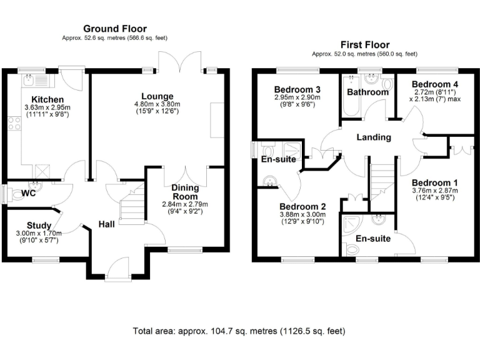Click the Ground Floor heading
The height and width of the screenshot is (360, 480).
pos(115,28)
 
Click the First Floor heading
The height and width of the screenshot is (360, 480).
pos(364,44)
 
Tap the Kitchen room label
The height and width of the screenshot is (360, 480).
pos(48,99)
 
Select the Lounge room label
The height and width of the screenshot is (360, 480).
pos(157,96)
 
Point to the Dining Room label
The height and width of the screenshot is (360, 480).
pos(185,192)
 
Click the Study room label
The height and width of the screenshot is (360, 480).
pos(39,226)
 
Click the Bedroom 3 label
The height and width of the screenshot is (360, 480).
pos(296,89)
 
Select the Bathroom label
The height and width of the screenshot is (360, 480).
pos(368,92)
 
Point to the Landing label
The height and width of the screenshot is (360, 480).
pos(374,137)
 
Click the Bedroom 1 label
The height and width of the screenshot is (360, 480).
pos(434,183)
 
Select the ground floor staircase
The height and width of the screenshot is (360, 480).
pos(132,209)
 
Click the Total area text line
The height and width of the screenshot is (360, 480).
pos(239,330)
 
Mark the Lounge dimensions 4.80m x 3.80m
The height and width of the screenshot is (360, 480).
pos(157,104)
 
